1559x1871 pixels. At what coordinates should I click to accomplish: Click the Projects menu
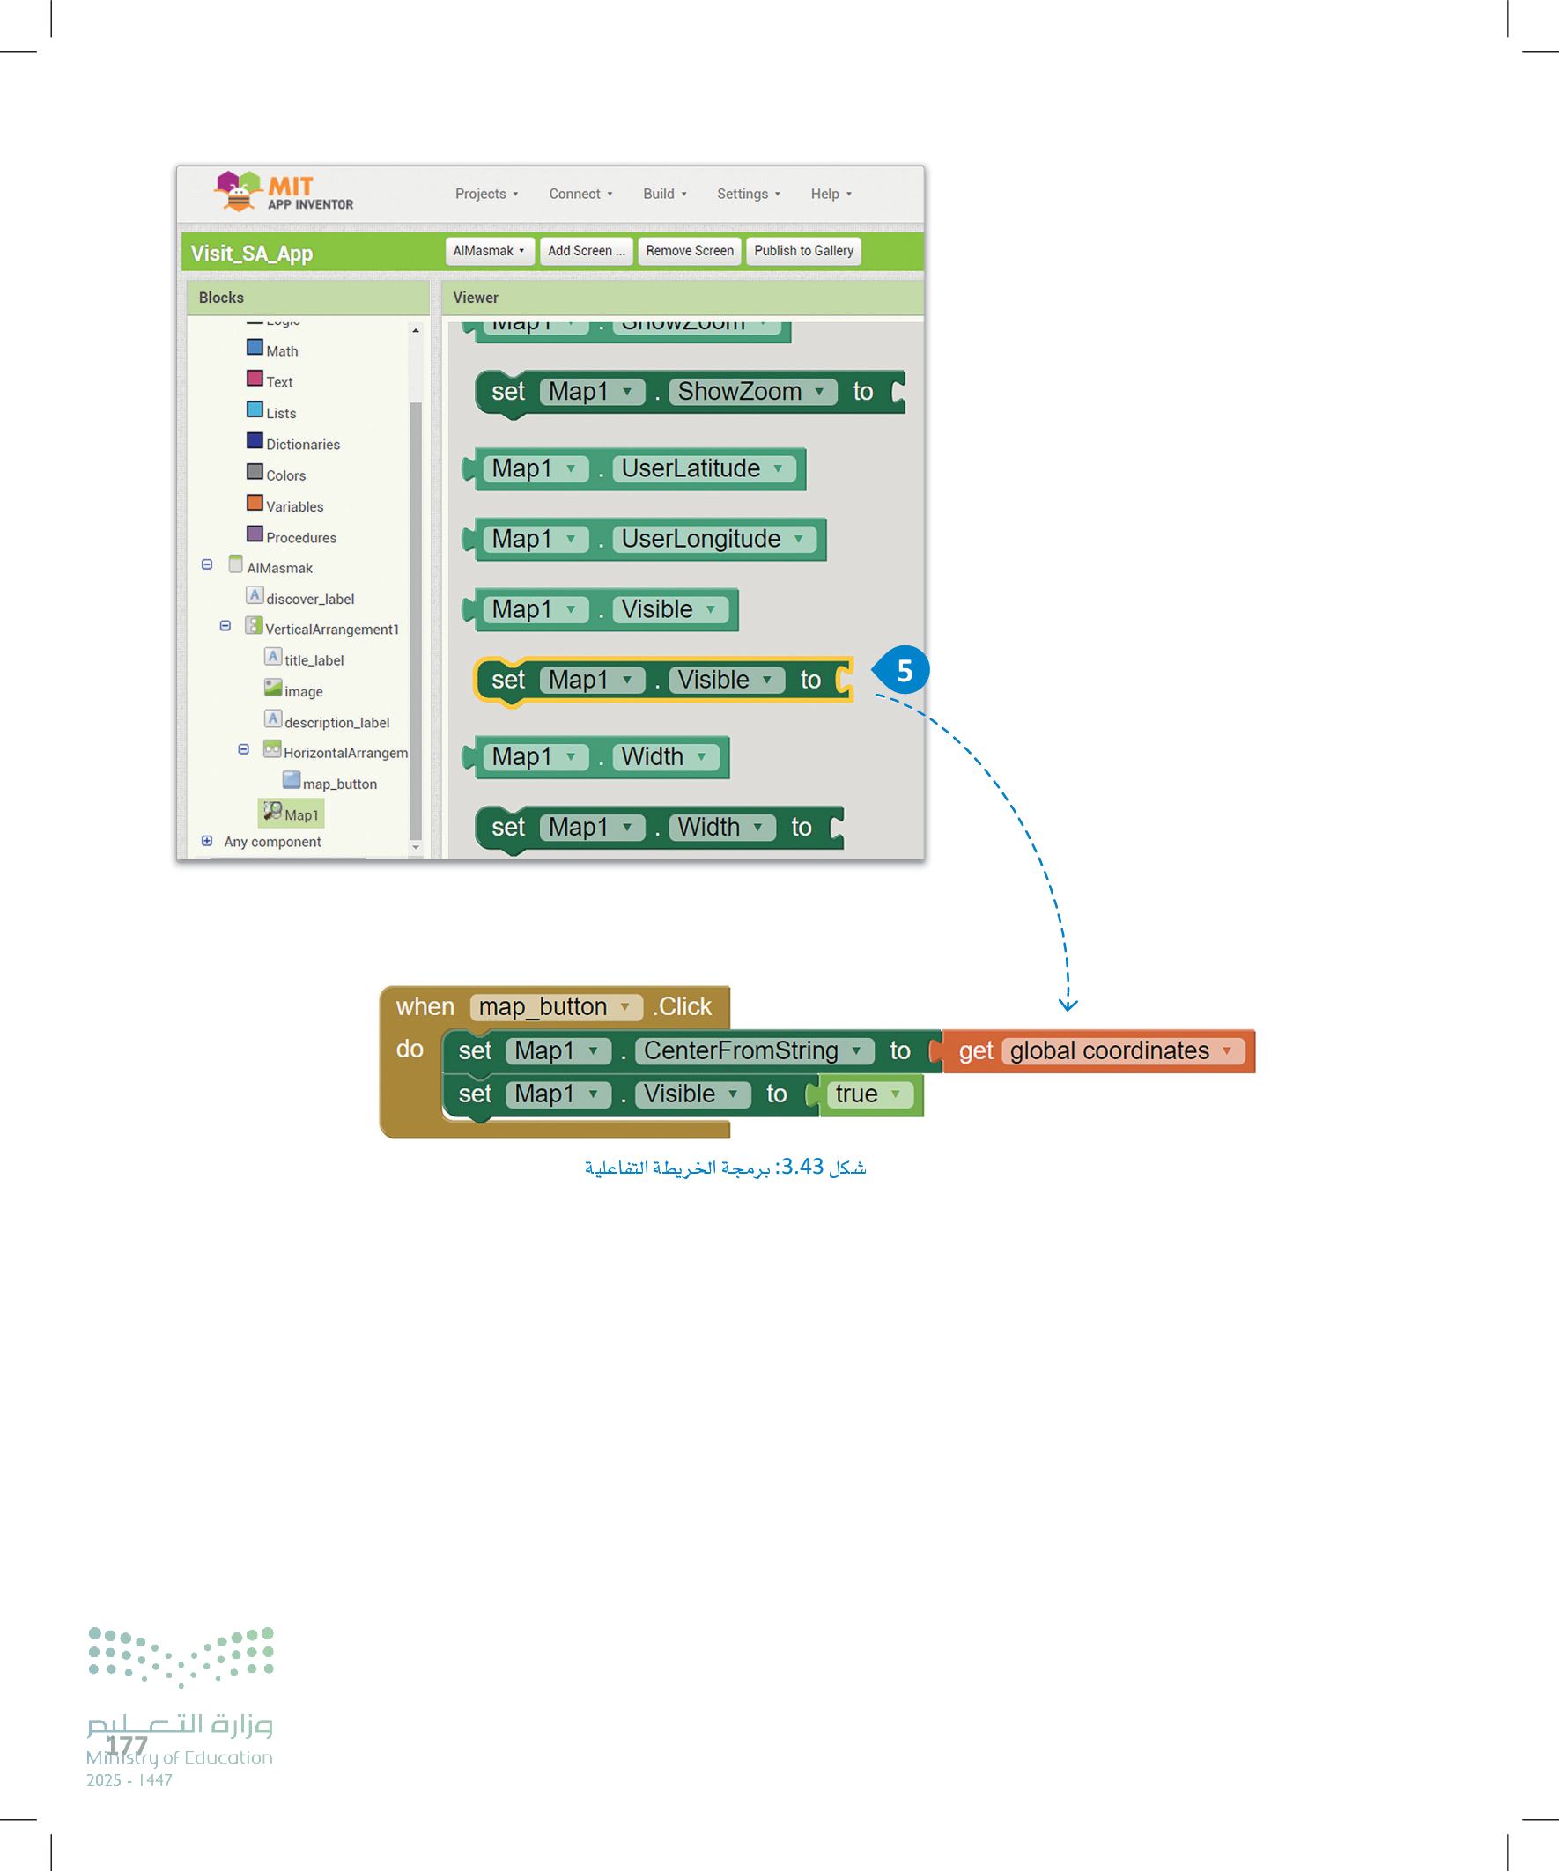pos(486,195)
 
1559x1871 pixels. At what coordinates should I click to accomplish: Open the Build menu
pos(664,195)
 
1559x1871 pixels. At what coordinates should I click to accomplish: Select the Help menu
pos(830,195)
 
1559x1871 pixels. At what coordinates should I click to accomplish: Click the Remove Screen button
pos(689,251)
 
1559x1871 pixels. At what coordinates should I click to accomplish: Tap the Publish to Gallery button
pos(803,251)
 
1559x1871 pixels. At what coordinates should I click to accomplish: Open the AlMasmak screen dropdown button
pos(489,251)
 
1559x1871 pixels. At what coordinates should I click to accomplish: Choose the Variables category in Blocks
pos(294,506)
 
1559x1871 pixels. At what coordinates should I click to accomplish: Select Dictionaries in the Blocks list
pos(302,444)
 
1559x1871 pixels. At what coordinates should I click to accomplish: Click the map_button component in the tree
pos(339,784)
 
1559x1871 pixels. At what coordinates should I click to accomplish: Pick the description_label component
pos(336,723)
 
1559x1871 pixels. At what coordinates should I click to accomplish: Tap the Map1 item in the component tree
pos(300,815)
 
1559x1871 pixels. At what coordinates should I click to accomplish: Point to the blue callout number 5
pos(904,670)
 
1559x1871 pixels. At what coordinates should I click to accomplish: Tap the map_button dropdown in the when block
pos(555,1006)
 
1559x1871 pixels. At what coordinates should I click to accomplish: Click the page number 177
pos(127,1745)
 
